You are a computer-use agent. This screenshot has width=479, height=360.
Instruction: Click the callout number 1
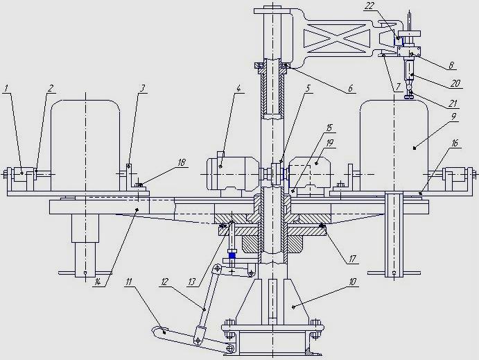7,88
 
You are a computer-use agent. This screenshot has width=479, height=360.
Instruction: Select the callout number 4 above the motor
238,88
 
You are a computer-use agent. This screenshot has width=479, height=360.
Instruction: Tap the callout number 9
453,117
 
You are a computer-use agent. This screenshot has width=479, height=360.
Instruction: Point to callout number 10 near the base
353,282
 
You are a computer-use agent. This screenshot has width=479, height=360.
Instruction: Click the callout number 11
129,282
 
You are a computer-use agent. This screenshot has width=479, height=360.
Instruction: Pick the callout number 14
97,282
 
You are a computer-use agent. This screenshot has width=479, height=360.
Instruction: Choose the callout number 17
352,259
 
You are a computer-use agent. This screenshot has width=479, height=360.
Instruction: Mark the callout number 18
182,162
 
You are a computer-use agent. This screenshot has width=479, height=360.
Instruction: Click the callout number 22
369,6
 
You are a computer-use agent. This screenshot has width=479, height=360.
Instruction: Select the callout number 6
350,88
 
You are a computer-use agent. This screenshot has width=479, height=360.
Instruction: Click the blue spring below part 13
232,254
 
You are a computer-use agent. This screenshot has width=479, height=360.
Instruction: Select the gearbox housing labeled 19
309,173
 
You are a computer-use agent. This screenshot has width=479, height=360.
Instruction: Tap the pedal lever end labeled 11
159,331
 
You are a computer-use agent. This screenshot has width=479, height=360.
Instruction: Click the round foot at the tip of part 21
409,97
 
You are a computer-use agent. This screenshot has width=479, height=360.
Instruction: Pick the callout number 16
455,143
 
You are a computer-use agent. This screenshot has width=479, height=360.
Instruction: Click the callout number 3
142,88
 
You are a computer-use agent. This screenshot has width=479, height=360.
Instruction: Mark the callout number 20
455,83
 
